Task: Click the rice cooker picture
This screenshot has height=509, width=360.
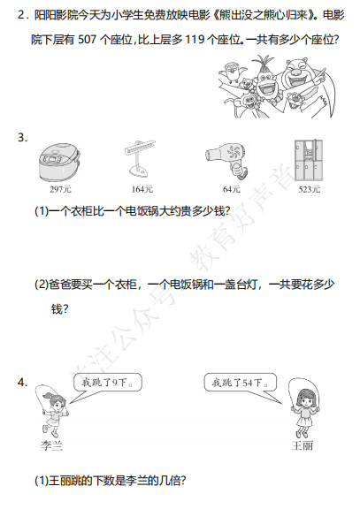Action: [x=60, y=163]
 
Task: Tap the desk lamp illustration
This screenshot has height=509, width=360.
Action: [x=140, y=158]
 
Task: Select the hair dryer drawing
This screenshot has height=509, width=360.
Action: [x=226, y=161]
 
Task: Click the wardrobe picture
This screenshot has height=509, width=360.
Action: [x=309, y=160]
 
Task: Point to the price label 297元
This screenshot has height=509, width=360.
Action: [x=60, y=189]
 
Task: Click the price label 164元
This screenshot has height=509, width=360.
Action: [x=142, y=189]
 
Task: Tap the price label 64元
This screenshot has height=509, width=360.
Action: [x=232, y=189]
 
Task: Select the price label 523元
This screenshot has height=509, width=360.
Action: [x=310, y=189]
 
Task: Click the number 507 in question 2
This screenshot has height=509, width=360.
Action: [x=87, y=40]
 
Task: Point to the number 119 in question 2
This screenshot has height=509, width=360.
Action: [x=195, y=40]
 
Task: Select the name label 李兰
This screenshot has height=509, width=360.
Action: [x=51, y=445]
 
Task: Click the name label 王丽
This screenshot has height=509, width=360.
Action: [x=303, y=445]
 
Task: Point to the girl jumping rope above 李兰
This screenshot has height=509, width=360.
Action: [x=52, y=411]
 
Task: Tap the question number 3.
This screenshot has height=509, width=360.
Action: [x=22, y=138]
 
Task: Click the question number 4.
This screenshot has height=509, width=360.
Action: [x=22, y=383]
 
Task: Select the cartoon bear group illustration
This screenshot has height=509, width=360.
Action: [x=276, y=87]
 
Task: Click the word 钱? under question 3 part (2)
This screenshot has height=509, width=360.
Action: [x=60, y=308]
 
